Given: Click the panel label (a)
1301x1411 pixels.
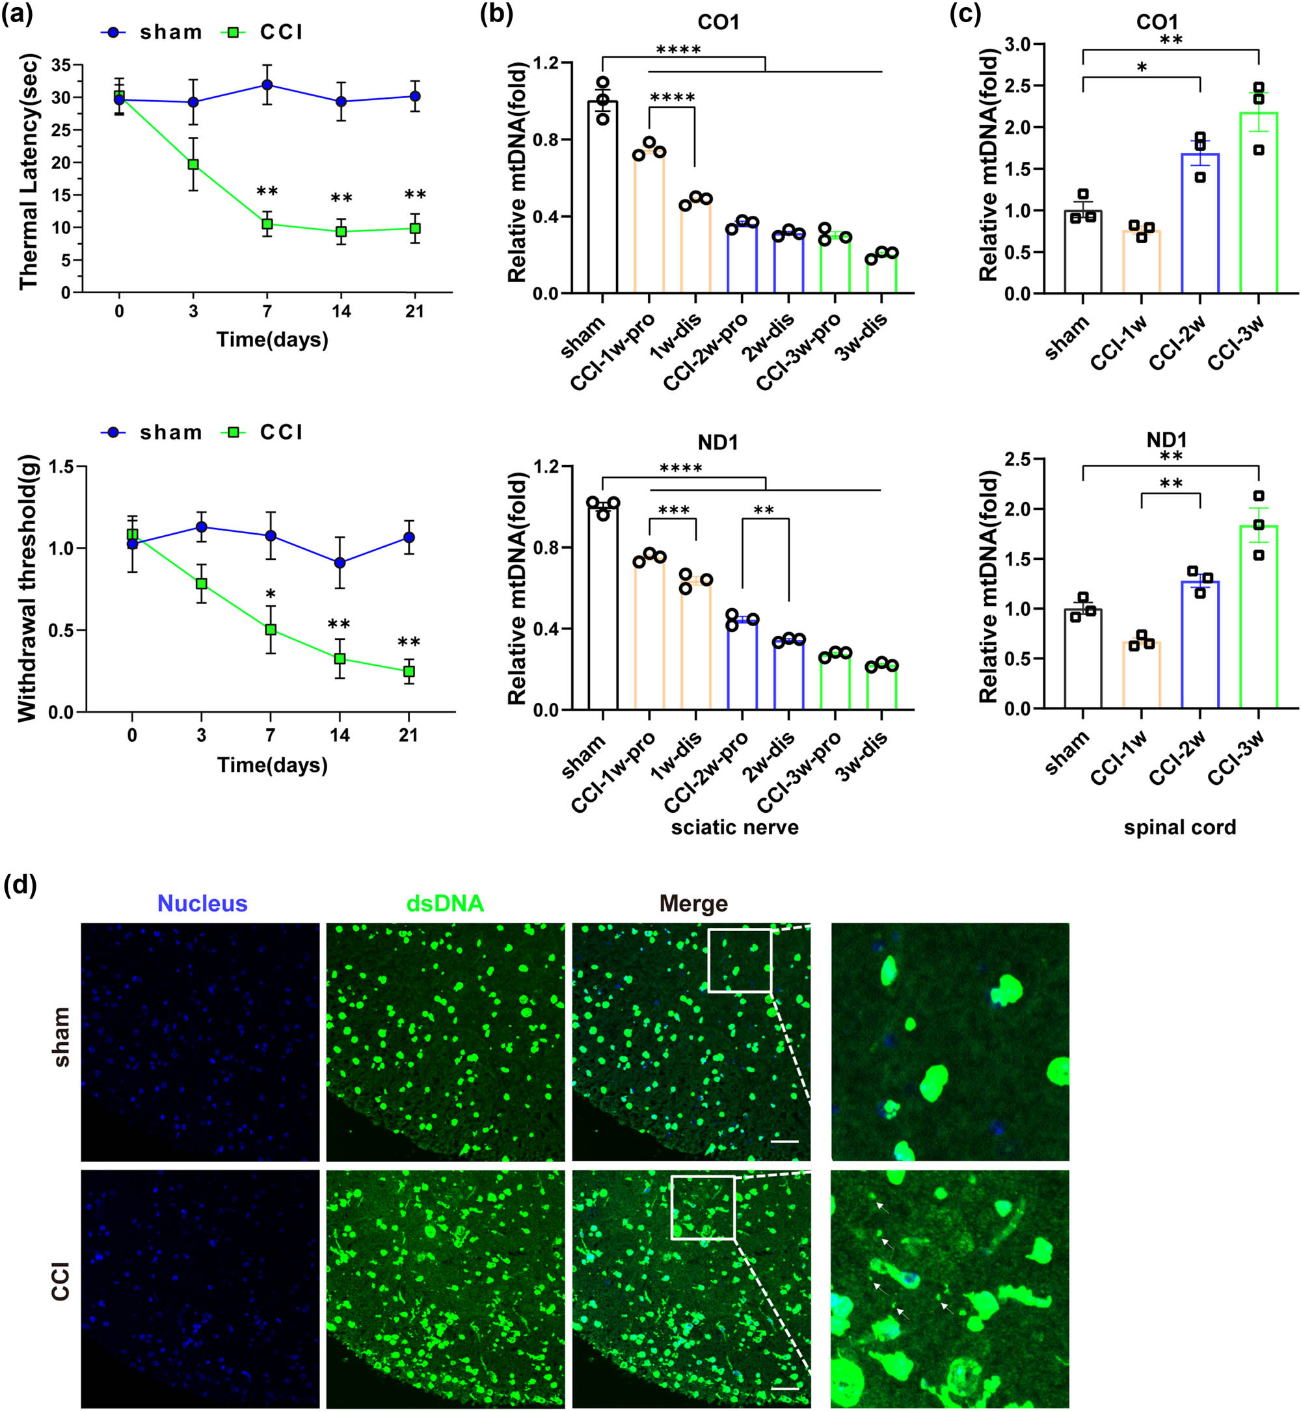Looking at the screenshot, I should tap(17, 14).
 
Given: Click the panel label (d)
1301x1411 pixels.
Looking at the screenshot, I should tap(20, 884).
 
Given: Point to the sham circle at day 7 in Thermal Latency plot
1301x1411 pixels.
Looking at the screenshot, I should tap(267, 85).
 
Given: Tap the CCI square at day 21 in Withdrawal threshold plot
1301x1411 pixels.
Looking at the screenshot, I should tap(409, 672).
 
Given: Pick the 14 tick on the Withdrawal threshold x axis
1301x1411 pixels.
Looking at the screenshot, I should tap(340, 735).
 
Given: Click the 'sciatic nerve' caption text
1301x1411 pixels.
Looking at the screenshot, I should tap(734, 827).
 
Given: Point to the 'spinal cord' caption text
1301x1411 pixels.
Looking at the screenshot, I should tap(1180, 827).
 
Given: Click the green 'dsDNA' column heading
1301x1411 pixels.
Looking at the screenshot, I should tap(445, 904).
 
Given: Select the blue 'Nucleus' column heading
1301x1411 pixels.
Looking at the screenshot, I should tap(202, 904).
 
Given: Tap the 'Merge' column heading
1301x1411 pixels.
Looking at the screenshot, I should tap(693, 904).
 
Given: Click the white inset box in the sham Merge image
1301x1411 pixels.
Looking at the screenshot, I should tap(739, 960).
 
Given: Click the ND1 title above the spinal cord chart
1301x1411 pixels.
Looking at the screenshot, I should tap(1166, 441).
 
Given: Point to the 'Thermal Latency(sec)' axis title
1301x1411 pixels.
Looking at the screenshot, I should tap(28, 172).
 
